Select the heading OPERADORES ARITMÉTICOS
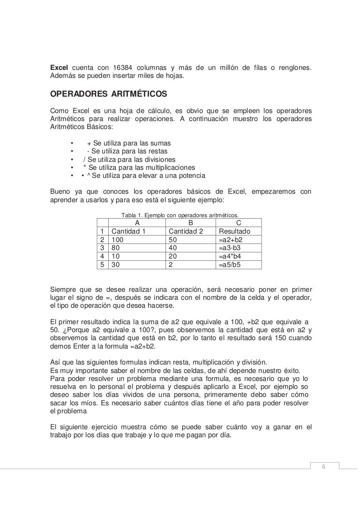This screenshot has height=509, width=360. click(x=108, y=94)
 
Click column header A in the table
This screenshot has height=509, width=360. click(x=137, y=223)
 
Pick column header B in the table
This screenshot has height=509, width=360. click(x=190, y=223)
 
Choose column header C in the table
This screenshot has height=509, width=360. click(x=239, y=223)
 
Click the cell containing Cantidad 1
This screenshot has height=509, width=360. click(x=128, y=232)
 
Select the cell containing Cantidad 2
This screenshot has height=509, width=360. click(x=186, y=232)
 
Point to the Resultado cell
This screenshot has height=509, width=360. click(x=234, y=232)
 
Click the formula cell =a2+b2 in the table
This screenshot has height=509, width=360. click(x=231, y=240)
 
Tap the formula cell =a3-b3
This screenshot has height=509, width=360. click(x=230, y=248)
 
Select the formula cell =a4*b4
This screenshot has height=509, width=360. click(x=230, y=256)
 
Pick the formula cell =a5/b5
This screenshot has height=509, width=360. click(x=230, y=265)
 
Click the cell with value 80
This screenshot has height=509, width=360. click(x=115, y=248)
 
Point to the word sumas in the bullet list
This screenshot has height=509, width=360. click(x=161, y=143)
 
